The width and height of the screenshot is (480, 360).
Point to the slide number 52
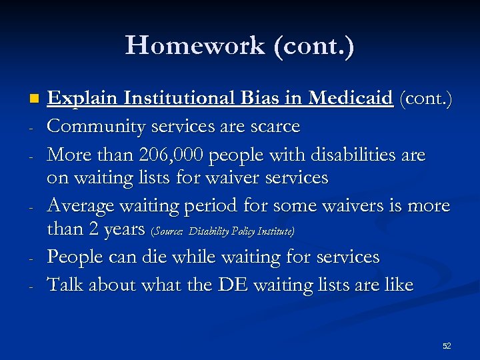pos(446,346)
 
